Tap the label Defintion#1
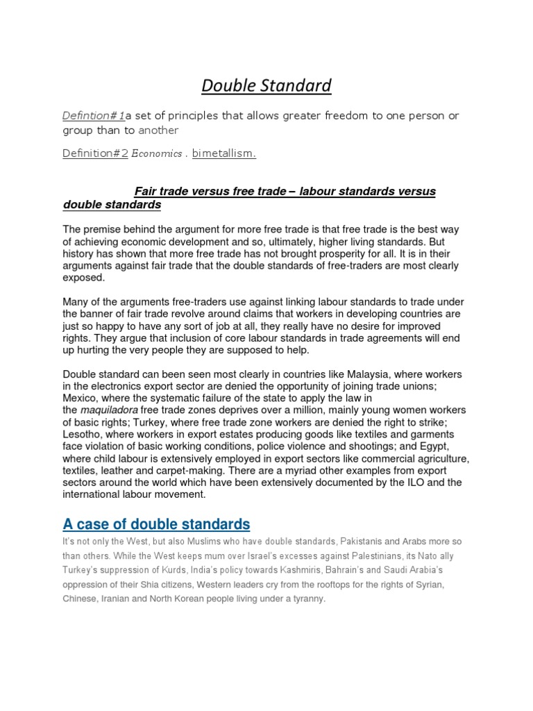94,116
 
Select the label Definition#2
95,153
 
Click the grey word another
158,130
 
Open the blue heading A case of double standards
156,524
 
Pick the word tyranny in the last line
308,598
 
